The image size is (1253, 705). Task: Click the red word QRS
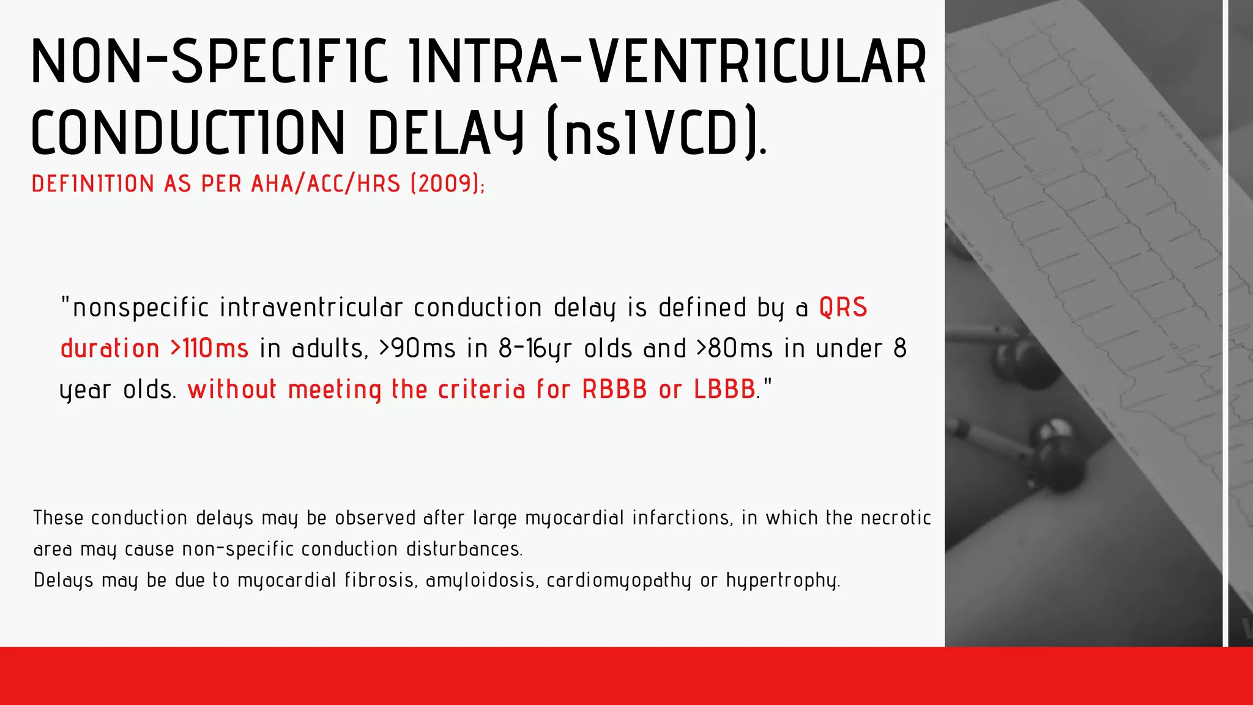click(x=843, y=307)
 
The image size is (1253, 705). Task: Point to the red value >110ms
click(x=209, y=348)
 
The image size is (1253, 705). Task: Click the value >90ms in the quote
click(x=417, y=348)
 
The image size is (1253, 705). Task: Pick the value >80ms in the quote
click(x=734, y=348)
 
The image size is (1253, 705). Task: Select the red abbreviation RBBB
click(x=614, y=389)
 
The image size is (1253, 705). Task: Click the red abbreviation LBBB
click(x=724, y=389)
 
